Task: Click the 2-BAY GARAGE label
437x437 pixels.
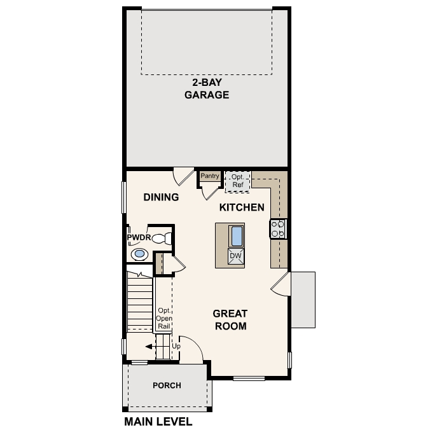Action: pyautogui.click(x=206, y=89)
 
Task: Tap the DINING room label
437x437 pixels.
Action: pyautogui.click(x=160, y=197)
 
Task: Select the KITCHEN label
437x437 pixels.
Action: pyautogui.click(x=242, y=207)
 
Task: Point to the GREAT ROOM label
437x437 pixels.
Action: pyautogui.click(x=230, y=320)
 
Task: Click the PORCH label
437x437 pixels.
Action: pyautogui.click(x=167, y=385)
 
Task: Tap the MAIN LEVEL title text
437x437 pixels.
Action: pyautogui.click(x=158, y=421)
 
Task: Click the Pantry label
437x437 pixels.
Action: pyautogui.click(x=210, y=176)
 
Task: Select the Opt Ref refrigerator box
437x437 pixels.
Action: pyautogui.click(x=238, y=180)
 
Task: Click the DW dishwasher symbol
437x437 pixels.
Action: pyautogui.click(x=235, y=256)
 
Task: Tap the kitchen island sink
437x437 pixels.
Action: pyautogui.click(x=236, y=235)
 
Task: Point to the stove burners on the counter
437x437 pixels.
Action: pyautogui.click(x=278, y=228)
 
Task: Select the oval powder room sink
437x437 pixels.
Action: pyautogui.click(x=139, y=254)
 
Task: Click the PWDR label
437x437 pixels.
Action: pyautogui.click(x=138, y=238)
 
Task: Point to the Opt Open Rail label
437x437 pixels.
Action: pyautogui.click(x=164, y=317)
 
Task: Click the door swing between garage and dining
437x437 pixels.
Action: pyautogui.click(x=183, y=176)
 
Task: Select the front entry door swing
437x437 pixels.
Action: pyautogui.click(x=191, y=351)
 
